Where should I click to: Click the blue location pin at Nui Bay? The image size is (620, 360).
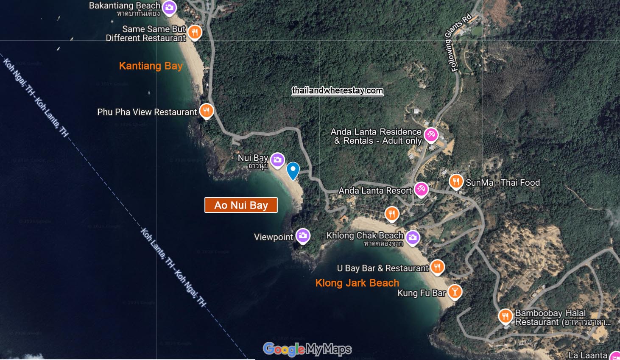pyautogui.click(x=293, y=170)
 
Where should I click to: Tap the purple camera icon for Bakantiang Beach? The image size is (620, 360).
pyautogui.click(x=170, y=8)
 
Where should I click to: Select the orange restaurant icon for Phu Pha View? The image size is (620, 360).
pyautogui.click(x=206, y=111)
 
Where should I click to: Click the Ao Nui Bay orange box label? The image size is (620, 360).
pyautogui.click(x=241, y=205)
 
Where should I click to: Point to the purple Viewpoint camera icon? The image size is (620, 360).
pyautogui.click(x=303, y=236)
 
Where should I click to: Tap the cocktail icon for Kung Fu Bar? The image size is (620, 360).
pyautogui.click(x=455, y=292)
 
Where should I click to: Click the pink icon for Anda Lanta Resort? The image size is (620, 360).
pyautogui.click(x=421, y=189)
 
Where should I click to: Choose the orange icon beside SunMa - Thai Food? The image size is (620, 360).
pyautogui.click(x=456, y=181)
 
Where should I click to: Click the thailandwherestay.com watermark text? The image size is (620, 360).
pyautogui.click(x=338, y=91)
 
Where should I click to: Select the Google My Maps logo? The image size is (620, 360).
pyautogui.click(x=307, y=349)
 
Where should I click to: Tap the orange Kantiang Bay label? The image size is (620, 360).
pyautogui.click(x=151, y=66)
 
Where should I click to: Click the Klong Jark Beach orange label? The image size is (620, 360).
pyautogui.click(x=357, y=283)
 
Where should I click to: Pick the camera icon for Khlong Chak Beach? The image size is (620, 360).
pyautogui.click(x=413, y=237)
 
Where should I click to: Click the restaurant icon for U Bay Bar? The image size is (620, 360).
pyautogui.click(x=437, y=267)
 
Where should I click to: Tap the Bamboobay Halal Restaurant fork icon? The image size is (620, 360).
pyautogui.click(x=505, y=316)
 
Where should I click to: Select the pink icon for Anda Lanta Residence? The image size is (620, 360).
pyautogui.click(x=431, y=135)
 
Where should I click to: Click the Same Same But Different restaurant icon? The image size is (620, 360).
pyautogui.click(x=195, y=32)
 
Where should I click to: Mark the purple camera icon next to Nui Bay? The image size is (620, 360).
pyautogui.click(x=278, y=160)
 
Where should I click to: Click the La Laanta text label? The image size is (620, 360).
pyautogui.click(x=588, y=355)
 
